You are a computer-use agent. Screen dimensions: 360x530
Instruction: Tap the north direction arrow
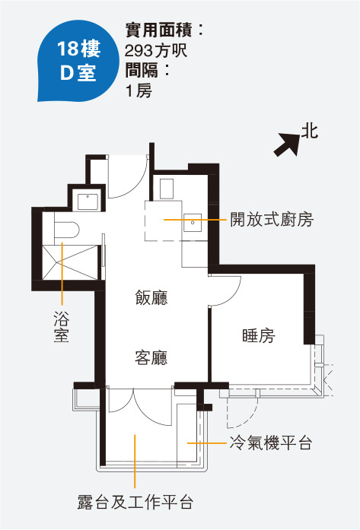pyautogui.click(x=287, y=144)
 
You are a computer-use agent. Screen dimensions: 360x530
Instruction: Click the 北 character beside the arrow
pyautogui.click(x=310, y=131)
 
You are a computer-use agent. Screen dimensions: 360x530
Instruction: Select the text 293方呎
pyautogui.click(x=156, y=51)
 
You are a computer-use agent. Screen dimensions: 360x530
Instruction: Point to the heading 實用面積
pyautogui.click(x=158, y=30)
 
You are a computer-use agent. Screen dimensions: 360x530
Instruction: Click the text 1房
pyautogui.click(x=139, y=91)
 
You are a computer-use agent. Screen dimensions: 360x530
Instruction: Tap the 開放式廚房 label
pyautogui.click(x=272, y=219)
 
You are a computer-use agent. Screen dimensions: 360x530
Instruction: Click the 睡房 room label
pyautogui.click(x=259, y=335)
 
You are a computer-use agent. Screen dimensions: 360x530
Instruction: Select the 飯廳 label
pyautogui.click(x=151, y=297)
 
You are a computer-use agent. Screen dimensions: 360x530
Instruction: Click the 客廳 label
pyautogui.click(x=151, y=357)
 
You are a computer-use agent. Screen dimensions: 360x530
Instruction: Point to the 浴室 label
pyautogui.click(x=62, y=326)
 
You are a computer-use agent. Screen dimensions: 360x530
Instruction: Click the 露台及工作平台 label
pyautogui.click(x=135, y=502)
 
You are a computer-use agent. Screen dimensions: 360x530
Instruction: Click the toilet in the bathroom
pyautogui.click(x=67, y=230)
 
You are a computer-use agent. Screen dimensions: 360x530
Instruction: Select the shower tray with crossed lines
pyautogui.click(x=70, y=262)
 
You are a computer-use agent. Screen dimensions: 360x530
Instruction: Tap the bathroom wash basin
pyautogui.click(x=88, y=202)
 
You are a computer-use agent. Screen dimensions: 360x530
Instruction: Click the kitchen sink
pyautogui.click(x=193, y=222)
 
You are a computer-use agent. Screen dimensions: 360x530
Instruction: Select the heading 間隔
pyautogui.click(x=142, y=71)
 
